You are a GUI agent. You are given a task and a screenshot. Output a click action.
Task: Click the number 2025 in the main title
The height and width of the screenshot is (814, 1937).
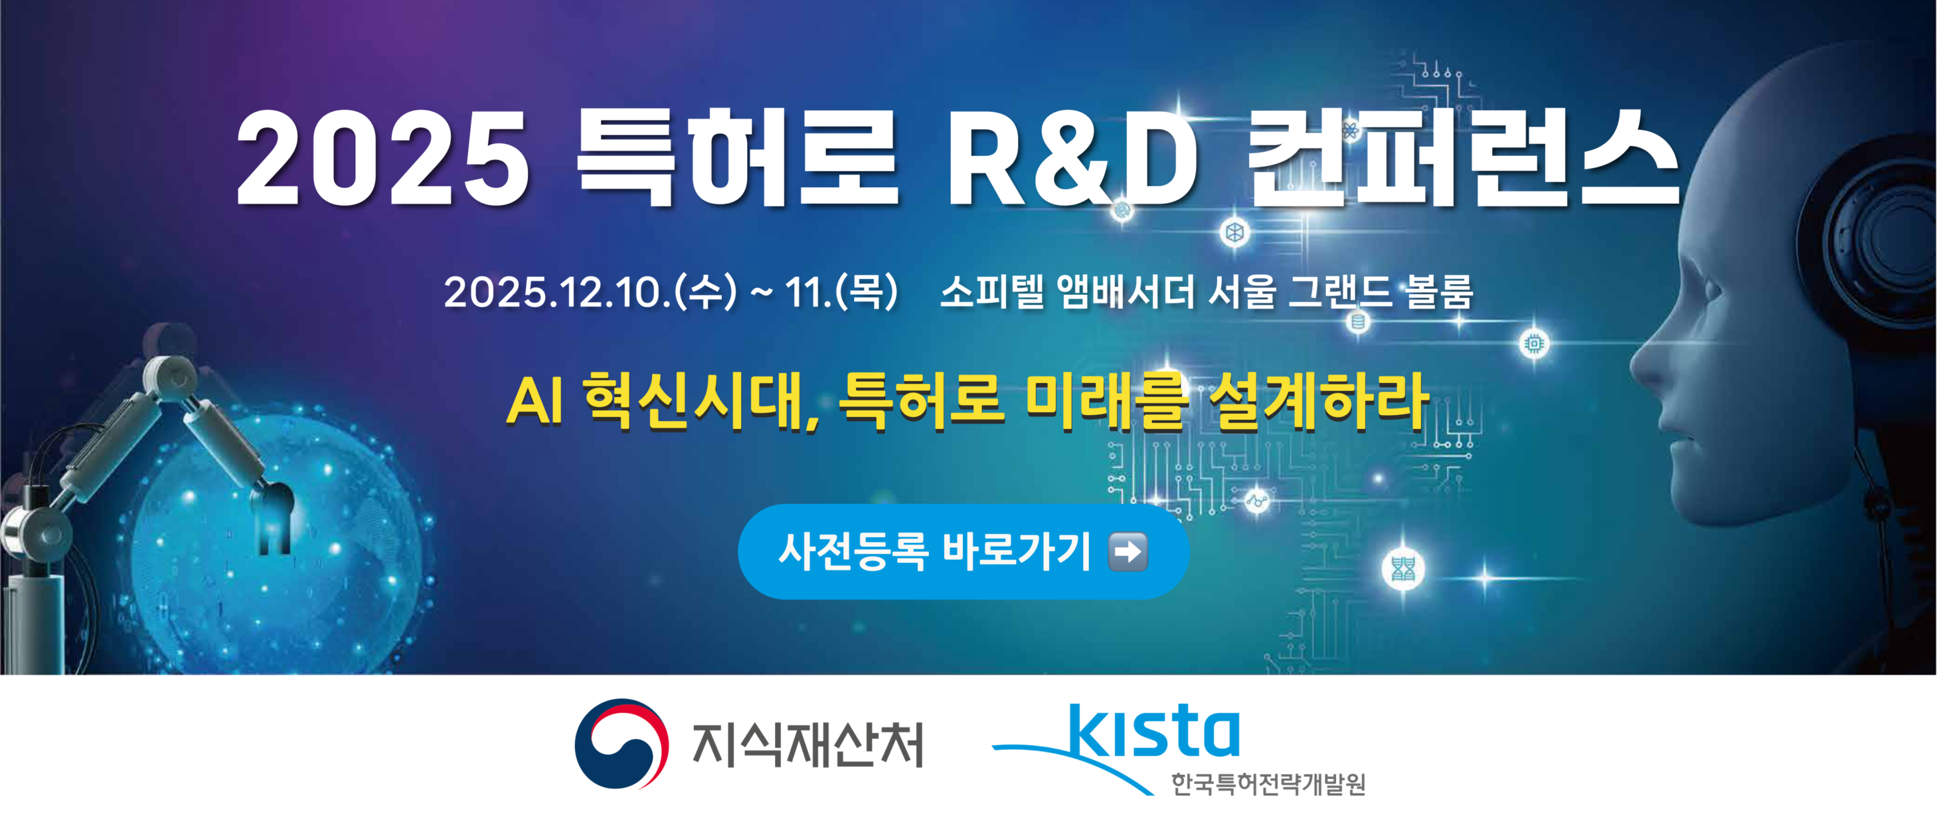382,159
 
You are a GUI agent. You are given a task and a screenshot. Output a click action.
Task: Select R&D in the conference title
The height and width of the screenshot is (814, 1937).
1072,159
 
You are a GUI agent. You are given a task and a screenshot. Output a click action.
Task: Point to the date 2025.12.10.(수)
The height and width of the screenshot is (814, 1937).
590,291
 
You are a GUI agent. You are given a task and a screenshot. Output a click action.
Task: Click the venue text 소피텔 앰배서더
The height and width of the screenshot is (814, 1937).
1067,291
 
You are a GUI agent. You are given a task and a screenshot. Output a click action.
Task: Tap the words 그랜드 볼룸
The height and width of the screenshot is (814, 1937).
1380,291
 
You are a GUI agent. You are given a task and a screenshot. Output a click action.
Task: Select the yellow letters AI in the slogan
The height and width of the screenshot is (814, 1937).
535,402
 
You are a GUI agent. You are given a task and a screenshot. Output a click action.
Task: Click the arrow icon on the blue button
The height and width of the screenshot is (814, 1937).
1128,552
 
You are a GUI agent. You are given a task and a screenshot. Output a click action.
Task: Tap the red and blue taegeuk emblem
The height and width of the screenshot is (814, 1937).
621,744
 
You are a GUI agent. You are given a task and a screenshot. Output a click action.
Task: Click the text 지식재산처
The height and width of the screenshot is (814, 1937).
807,745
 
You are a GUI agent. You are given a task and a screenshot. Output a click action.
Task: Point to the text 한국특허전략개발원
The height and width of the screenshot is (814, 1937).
1268,784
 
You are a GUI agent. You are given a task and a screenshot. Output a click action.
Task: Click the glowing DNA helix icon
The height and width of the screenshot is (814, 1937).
1403,569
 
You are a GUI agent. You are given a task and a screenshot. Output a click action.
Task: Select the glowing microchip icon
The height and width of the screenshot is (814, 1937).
1534,344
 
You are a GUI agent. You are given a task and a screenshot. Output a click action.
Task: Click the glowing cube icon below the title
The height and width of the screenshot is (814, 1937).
1234,232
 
